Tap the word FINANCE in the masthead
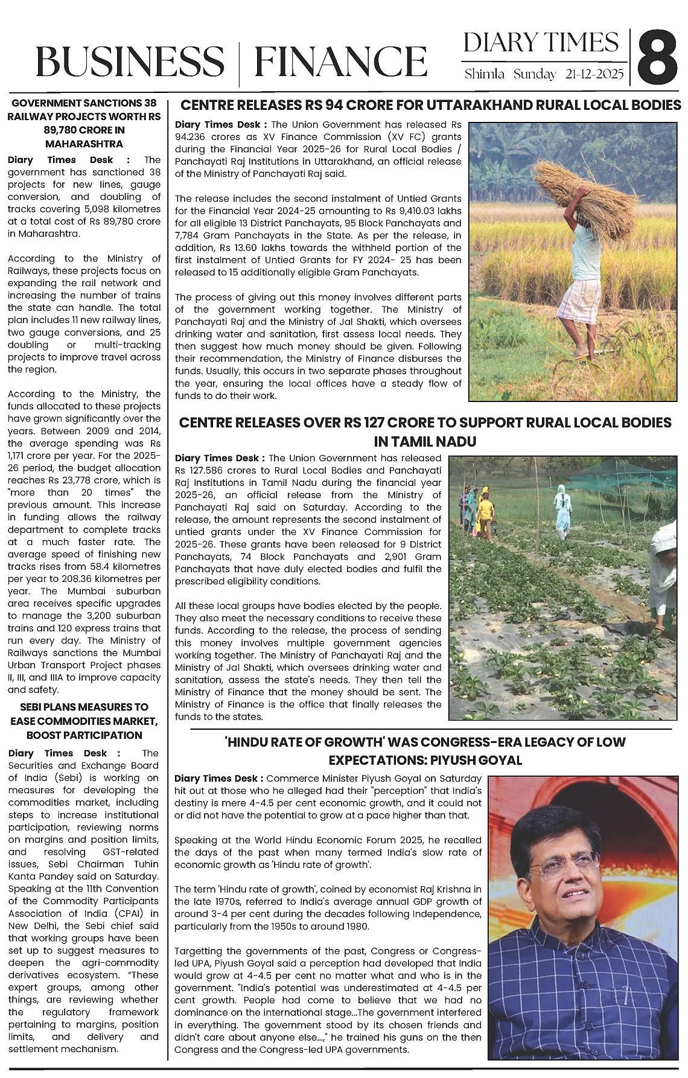[x=340, y=62]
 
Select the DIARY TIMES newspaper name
[x=541, y=42]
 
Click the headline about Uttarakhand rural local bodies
[x=431, y=106]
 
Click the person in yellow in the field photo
[x=486, y=510]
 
